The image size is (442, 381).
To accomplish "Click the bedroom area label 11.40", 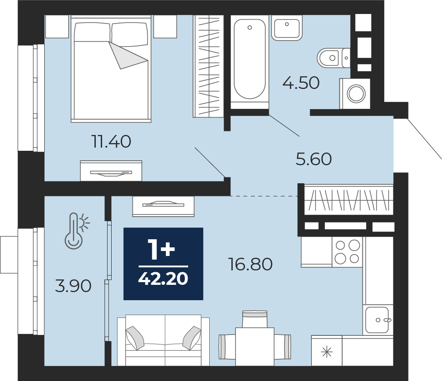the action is click(x=112, y=141).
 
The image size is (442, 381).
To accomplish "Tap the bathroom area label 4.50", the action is click(x=301, y=83).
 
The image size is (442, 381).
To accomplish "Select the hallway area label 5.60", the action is click(x=314, y=159).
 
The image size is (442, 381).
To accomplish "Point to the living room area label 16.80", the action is click(x=251, y=264).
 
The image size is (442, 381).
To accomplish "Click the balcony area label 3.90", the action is click(x=73, y=286).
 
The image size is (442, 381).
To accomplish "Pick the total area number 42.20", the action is click(x=163, y=279).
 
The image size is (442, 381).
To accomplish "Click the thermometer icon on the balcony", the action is click(x=76, y=231).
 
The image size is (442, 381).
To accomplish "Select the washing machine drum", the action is click(x=356, y=93).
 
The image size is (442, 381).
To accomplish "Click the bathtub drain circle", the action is click(x=249, y=28).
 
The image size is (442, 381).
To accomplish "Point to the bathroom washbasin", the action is click(x=287, y=28).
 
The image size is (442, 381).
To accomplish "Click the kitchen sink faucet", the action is click(x=384, y=320).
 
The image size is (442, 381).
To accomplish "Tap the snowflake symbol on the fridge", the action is click(x=327, y=352).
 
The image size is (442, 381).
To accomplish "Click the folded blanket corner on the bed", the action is click(x=127, y=56).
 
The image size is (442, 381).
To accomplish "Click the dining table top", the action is click(x=255, y=347).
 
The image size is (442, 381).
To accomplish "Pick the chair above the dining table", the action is click(x=254, y=319).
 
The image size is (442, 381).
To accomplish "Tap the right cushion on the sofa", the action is click(x=192, y=338).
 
